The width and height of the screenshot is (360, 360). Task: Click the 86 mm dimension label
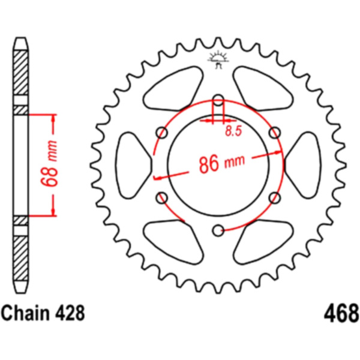pos(222,163)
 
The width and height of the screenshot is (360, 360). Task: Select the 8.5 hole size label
pos(233,131)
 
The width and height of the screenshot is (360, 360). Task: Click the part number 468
pos(341,313)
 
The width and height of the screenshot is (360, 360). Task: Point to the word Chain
pos(25,313)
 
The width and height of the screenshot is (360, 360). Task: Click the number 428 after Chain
pos(70,313)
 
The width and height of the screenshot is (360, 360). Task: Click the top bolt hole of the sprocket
pos(218,100)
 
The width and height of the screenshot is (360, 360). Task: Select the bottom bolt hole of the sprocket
pos(218,230)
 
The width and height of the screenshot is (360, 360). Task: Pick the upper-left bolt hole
pos(162,133)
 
